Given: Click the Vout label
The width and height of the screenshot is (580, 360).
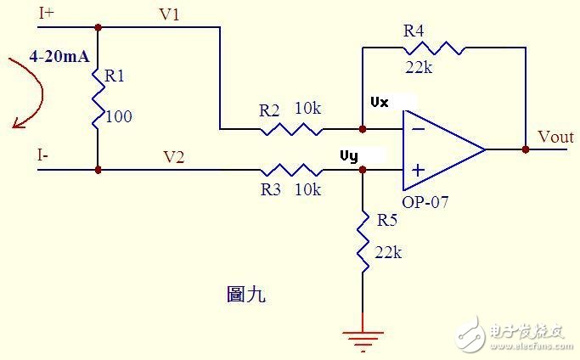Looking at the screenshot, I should click(556, 138).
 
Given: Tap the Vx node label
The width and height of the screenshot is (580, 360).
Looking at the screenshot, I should click(380, 102).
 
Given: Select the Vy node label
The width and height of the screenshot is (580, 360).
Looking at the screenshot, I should click(349, 156).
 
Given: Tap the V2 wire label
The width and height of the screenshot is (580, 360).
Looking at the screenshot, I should click(174, 156).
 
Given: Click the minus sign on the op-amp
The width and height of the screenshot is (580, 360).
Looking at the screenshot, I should click(418, 130).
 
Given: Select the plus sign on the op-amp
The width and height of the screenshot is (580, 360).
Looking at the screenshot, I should click(418, 170).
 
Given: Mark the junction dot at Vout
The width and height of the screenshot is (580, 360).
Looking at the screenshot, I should click(526, 149).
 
